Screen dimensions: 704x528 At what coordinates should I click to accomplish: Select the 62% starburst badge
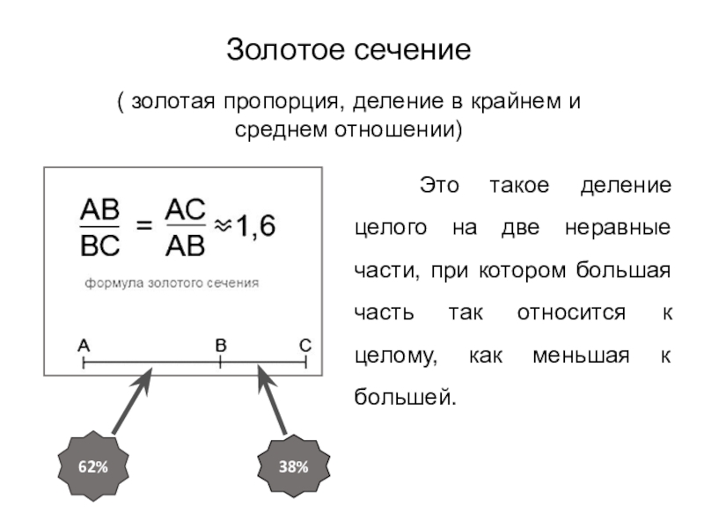93,467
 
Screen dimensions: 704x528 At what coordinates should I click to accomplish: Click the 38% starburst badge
294,467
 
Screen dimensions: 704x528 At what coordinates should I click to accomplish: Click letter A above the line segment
84,346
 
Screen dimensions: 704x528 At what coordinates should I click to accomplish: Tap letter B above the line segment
221,346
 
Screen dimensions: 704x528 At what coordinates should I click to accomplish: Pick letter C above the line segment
304,346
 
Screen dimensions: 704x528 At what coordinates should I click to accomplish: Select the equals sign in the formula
143,226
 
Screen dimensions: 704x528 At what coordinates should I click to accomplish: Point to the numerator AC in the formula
186,209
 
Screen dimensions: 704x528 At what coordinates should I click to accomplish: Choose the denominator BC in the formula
100,246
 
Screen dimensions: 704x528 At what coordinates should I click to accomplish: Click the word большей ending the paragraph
406,397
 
